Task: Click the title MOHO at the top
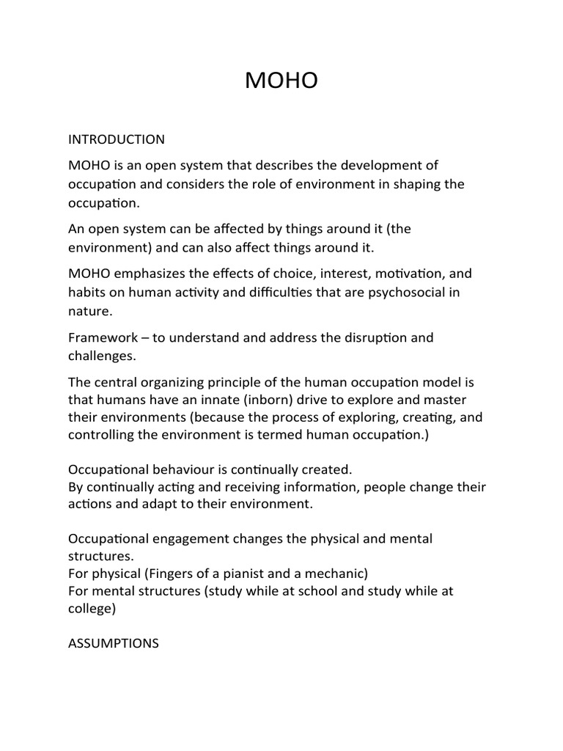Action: [281, 81]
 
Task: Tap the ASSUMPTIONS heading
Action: [113, 643]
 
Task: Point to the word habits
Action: [87, 293]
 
